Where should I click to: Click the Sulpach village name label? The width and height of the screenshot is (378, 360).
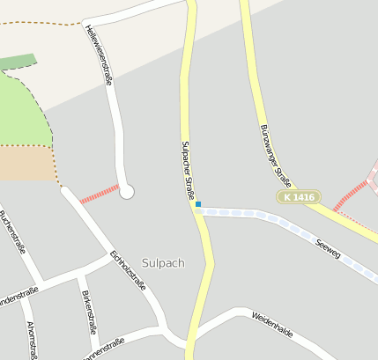pyautogui.click(x=163, y=262)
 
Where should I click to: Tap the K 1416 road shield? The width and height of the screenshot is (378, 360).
pyautogui.click(x=298, y=197)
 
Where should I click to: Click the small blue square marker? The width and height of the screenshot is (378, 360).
pyautogui.click(x=198, y=204)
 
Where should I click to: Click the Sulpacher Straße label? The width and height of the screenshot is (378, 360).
pyautogui.click(x=186, y=169)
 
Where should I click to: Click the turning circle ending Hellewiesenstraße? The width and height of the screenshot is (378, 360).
pyautogui.click(x=127, y=191)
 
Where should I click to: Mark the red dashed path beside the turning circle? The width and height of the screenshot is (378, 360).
pyautogui.click(x=99, y=195)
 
